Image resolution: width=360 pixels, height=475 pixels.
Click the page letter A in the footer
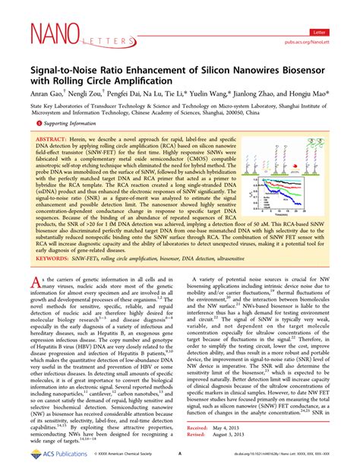(x=179, y=461)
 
